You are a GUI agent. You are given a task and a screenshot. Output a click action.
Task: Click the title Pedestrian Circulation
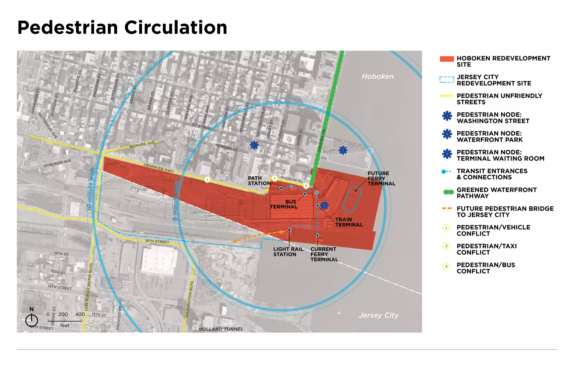point(122,28)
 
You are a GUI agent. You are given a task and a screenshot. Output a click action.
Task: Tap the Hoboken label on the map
point(378,76)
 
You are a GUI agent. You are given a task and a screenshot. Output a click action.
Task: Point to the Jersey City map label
point(378,315)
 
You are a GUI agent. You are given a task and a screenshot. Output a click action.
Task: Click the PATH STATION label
point(259,181)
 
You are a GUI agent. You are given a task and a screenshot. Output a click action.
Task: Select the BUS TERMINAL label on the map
point(284,204)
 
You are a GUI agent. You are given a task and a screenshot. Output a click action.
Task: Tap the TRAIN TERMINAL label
point(349,222)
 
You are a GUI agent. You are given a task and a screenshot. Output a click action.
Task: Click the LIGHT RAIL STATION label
point(288,252)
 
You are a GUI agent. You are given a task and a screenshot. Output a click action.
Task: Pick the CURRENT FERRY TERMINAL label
point(324,254)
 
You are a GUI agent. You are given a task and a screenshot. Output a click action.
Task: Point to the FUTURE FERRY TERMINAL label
point(381,179)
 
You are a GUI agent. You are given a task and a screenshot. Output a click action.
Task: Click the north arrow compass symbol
point(32,320)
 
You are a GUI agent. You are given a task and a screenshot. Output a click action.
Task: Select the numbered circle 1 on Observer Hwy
point(207,180)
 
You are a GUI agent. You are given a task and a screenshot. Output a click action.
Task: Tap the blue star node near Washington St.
point(254,145)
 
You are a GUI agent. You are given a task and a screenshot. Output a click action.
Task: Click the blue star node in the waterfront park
point(343,150)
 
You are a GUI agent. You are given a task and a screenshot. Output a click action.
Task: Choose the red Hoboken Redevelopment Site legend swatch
point(446,59)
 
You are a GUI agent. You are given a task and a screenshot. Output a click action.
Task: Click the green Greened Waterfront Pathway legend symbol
point(448,192)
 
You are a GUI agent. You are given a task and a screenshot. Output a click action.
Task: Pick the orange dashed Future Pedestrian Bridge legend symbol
point(447,209)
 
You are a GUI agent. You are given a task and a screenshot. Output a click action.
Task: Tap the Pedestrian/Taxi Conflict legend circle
point(446,246)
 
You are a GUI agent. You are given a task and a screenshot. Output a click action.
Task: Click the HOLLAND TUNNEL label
point(221,329)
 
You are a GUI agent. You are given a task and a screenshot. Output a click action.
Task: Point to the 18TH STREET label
point(157,241)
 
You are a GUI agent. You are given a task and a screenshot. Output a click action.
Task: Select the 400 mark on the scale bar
point(80,314)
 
